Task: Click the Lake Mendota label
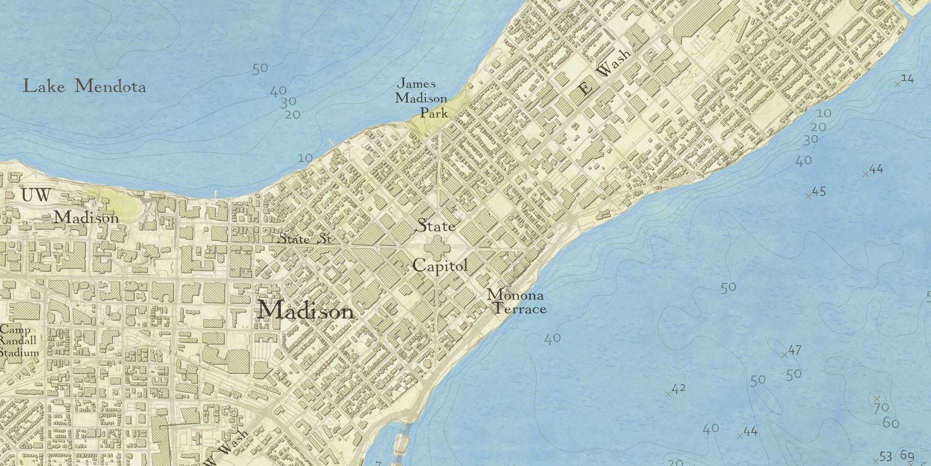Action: pos(84,86)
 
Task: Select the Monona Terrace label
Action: pos(517,302)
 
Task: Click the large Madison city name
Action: pos(306,311)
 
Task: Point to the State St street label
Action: pos(304,239)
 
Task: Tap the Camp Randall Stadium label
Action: pos(19,341)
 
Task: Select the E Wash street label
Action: pos(605,72)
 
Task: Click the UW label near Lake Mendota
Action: pos(36,195)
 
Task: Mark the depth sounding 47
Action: pos(794,350)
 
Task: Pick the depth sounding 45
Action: pos(818,191)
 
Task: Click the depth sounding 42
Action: pos(678,389)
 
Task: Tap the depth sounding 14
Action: pos(907,79)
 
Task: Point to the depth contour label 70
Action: pos(881,407)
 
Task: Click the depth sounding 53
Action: pos(885,457)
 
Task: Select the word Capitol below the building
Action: pos(440,265)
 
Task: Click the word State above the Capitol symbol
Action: pos(435,226)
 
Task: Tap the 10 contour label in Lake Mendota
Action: pos(305,158)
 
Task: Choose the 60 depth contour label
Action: pos(891,422)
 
